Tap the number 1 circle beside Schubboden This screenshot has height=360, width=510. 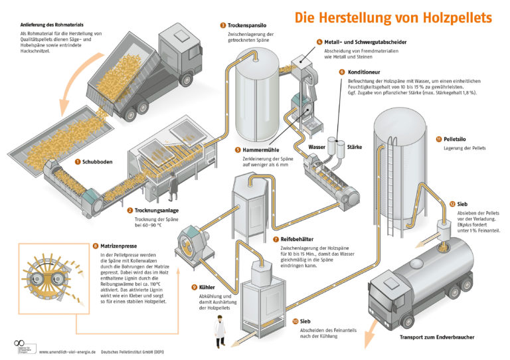(x=78, y=161)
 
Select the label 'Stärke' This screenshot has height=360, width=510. (x=355, y=147)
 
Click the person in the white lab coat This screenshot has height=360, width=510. (x=218, y=331)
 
